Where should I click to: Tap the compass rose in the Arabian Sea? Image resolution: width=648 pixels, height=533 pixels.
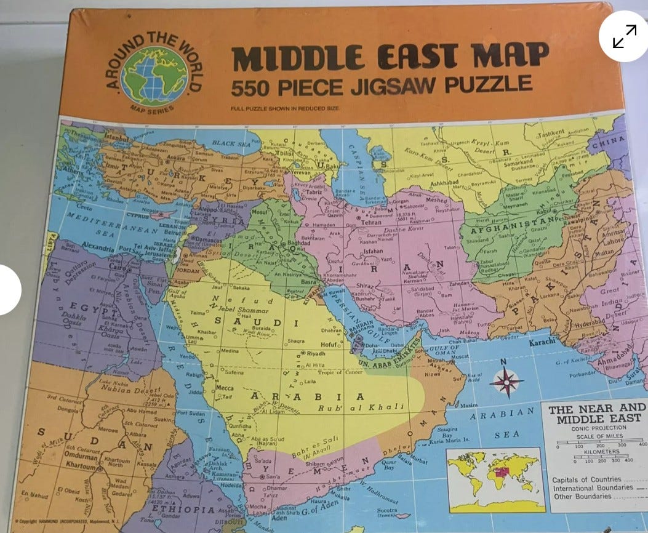(x=506, y=381)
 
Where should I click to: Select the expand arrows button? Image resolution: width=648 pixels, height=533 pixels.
(x=624, y=36)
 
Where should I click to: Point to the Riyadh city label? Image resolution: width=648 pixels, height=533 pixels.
(x=314, y=354)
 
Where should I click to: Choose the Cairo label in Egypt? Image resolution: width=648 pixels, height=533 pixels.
(x=118, y=268)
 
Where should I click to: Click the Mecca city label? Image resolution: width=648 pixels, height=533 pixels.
(x=224, y=388)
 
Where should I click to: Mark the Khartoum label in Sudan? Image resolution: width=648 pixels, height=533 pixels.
(x=81, y=467)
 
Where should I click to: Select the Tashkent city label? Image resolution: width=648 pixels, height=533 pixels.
(x=551, y=134)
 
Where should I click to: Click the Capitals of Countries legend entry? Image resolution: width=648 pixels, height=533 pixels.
(x=586, y=479)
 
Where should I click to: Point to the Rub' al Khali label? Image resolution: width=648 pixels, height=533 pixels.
(x=361, y=407)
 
